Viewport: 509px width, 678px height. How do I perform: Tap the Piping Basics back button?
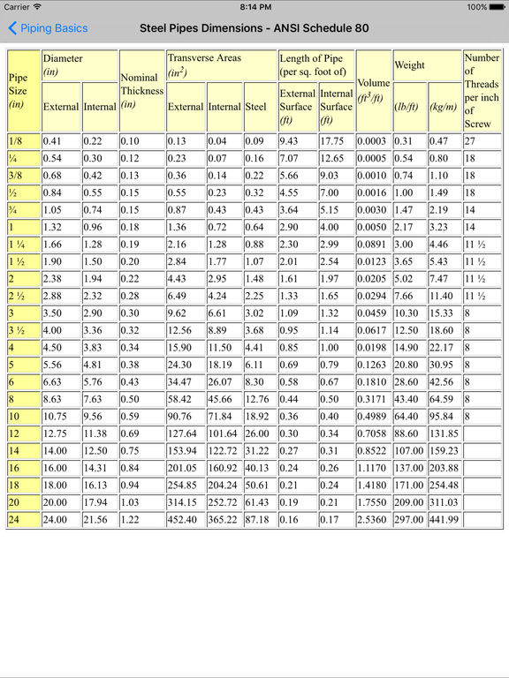pyautogui.click(x=49, y=28)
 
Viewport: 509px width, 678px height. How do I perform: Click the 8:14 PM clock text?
pyautogui.click(x=254, y=7)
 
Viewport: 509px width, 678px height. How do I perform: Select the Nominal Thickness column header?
pyautogui.click(x=141, y=90)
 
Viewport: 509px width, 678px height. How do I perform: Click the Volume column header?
pyautogui.click(x=374, y=90)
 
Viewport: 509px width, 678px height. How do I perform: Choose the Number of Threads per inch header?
pyautogui.click(x=482, y=90)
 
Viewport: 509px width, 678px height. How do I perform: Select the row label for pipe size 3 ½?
pyautogui.click(x=22, y=329)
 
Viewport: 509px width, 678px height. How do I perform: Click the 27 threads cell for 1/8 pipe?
pyautogui.click(x=482, y=141)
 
